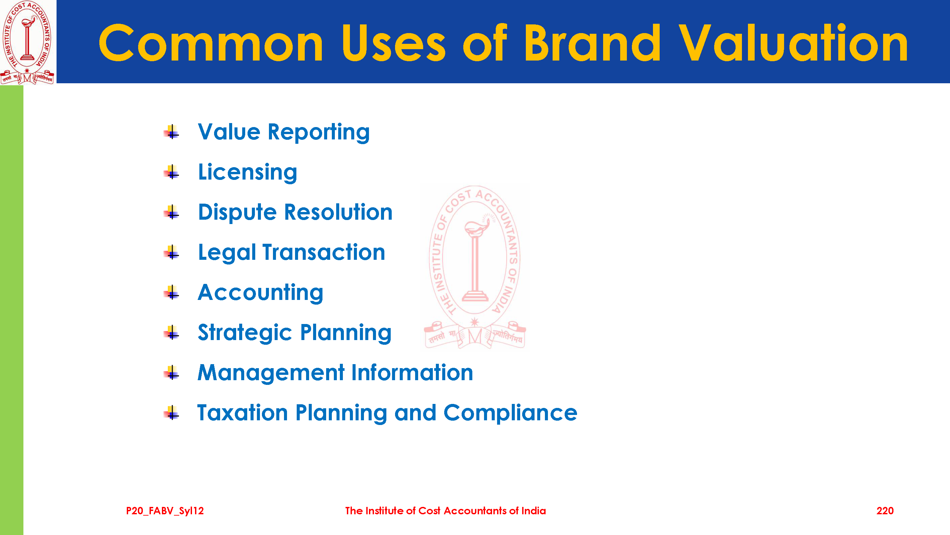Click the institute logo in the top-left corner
pyautogui.click(x=28, y=42)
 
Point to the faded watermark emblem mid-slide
pyautogui.click(x=475, y=267)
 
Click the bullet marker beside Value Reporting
pyautogui.click(x=172, y=132)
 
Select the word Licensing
pyautogui.click(x=248, y=173)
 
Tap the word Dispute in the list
pyautogui.click(x=237, y=213)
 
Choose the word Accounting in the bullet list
pyautogui.click(x=260, y=293)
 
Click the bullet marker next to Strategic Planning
pyautogui.click(x=172, y=333)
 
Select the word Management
pyautogui.click(x=271, y=373)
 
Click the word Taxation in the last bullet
pyautogui.click(x=242, y=413)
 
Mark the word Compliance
pyautogui.click(x=510, y=413)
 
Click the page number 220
pyautogui.click(x=885, y=511)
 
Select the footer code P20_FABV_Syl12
pyautogui.click(x=165, y=511)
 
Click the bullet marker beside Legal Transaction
pyautogui.click(x=172, y=252)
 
